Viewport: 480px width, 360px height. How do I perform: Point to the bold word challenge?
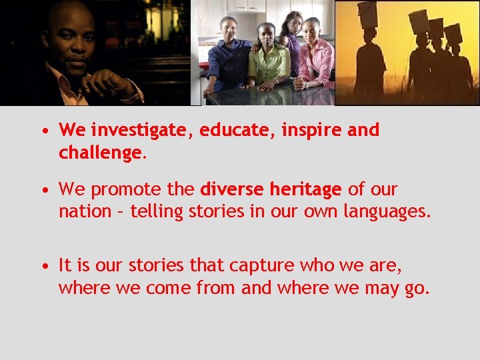tap(99, 153)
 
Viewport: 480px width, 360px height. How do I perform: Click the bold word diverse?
tap(231, 189)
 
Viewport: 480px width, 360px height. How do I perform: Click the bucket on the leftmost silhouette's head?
tap(367, 13)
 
